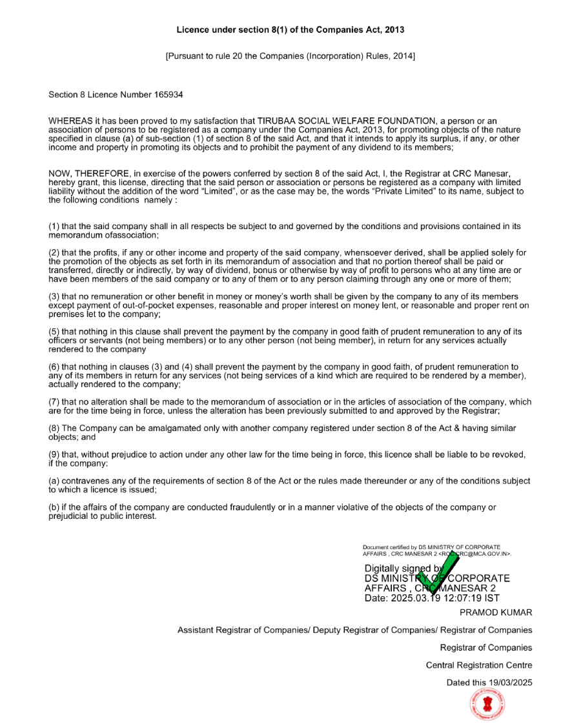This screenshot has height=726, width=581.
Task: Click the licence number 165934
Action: pyautogui.click(x=168, y=95)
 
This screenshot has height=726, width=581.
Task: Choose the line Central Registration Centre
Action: pyautogui.click(x=479, y=665)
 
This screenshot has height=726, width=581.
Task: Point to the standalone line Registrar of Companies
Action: pyautogui.click(x=486, y=647)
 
